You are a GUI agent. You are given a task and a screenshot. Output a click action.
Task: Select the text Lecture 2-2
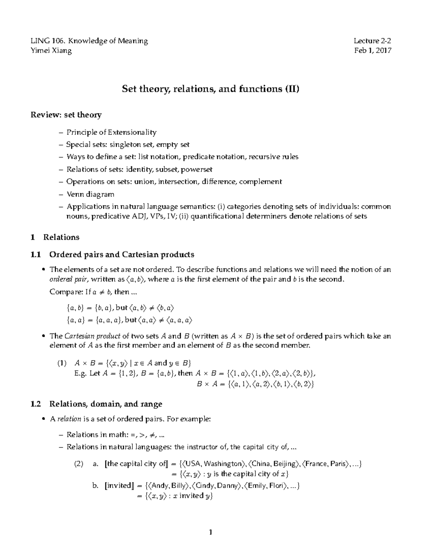click(372, 41)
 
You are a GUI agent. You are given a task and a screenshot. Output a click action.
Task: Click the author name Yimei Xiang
click(51, 50)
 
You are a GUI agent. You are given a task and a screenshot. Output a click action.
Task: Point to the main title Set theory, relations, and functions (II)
click(211, 89)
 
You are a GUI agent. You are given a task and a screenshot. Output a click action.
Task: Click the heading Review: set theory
click(66, 115)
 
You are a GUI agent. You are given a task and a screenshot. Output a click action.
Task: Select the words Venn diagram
click(90, 194)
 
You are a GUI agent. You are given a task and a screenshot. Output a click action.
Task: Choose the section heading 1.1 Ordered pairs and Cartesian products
click(112, 255)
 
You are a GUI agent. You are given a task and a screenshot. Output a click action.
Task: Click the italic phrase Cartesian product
click(93, 336)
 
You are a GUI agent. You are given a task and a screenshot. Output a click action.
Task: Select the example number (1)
click(62, 363)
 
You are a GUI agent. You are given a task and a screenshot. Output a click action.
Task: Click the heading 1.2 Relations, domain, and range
click(96, 404)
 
